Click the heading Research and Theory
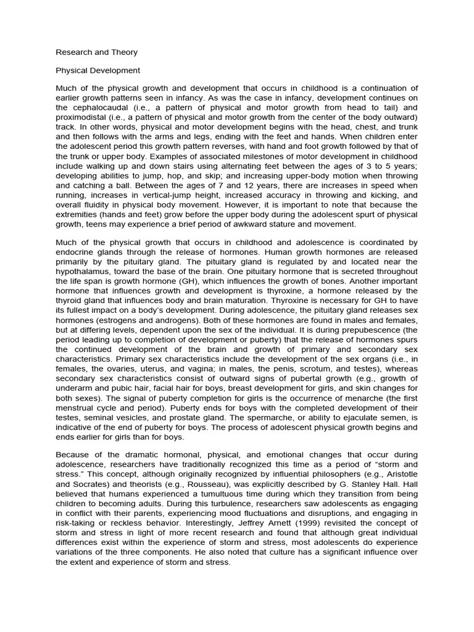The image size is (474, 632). click(x=96, y=52)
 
